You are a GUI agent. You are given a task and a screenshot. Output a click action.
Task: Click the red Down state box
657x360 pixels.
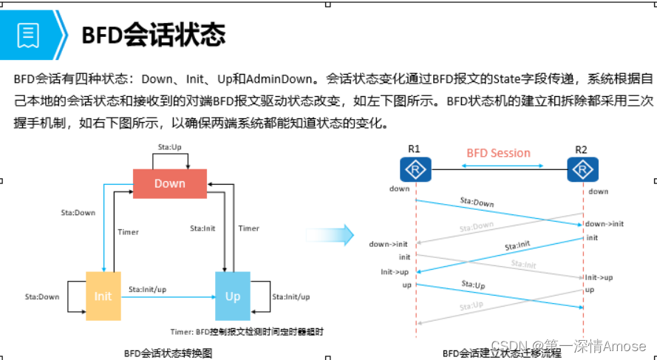point(169,183)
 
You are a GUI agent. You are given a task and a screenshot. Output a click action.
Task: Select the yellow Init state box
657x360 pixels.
point(103,296)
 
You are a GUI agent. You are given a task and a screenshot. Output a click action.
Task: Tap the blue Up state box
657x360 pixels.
point(233,296)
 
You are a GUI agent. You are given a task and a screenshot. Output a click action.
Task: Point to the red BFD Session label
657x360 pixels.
point(498,153)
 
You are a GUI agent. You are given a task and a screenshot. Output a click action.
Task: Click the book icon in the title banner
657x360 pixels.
point(29,34)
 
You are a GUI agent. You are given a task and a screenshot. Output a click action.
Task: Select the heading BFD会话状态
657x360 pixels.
point(153,34)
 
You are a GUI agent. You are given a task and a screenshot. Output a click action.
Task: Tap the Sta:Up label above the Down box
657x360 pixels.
point(169,147)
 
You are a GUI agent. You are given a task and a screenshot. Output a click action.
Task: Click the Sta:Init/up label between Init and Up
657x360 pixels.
point(147,289)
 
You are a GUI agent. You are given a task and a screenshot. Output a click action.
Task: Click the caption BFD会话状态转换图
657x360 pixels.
point(168,353)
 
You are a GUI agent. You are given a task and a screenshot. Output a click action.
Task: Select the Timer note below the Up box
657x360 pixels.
point(246,332)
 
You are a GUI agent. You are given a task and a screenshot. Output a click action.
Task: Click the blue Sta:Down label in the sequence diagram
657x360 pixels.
point(477,202)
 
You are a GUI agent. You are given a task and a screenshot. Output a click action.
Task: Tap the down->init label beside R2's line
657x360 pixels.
point(604,223)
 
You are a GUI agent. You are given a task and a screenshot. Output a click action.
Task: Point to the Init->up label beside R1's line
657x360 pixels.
point(394,271)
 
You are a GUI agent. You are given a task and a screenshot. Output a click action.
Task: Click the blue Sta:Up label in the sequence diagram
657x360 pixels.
point(473,284)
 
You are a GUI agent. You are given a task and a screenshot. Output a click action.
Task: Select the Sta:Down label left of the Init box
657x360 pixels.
point(42,297)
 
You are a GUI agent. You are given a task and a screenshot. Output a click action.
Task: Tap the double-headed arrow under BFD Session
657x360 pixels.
point(503,166)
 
